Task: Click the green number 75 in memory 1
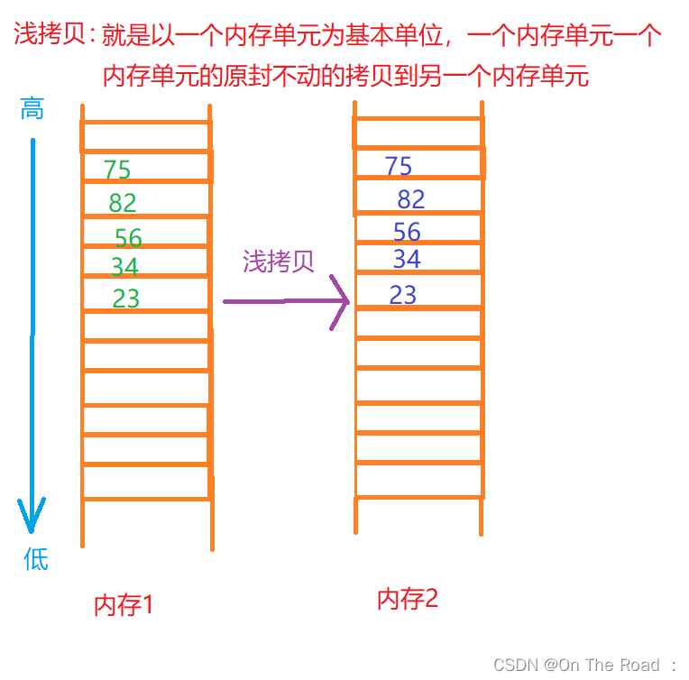[x=117, y=170]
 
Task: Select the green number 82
[x=123, y=203]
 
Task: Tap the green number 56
[x=128, y=238]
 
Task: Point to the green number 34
[x=124, y=267]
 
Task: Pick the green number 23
[x=126, y=299]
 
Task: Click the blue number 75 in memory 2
[x=399, y=166]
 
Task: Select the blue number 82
[x=411, y=199]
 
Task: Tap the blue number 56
[x=407, y=233]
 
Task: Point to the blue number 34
[x=407, y=260]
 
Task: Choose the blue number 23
[x=403, y=295]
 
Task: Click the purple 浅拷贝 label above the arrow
[x=279, y=262]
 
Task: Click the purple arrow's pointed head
[x=345, y=301]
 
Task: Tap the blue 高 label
[x=32, y=110]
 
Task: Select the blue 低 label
[x=35, y=560]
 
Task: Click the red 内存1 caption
[x=124, y=605]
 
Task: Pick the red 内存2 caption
[x=408, y=599]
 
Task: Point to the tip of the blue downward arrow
[x=32, y=530]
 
